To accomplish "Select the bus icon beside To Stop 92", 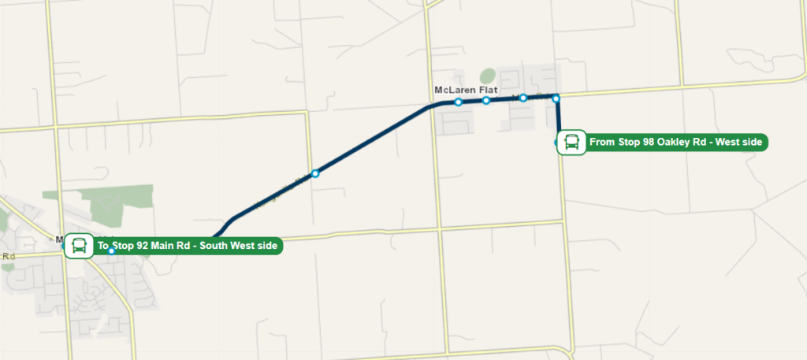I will point(79,246).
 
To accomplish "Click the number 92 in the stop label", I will point(143,246).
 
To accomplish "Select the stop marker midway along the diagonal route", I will point(314,173).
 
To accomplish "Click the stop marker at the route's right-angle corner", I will point(556,98).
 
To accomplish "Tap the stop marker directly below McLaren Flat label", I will point(457,102).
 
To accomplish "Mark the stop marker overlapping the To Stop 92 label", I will point(112,251).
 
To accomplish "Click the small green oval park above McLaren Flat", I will point(488,77).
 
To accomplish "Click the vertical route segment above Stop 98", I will point(558,118).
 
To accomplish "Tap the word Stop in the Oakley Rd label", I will point(629,143).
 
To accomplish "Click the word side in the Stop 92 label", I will point(266,246).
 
